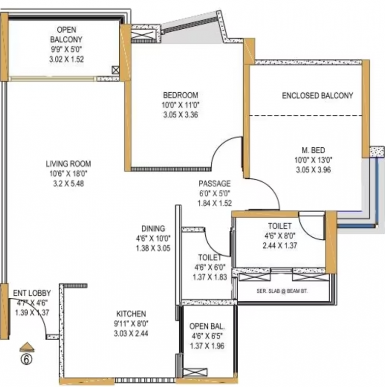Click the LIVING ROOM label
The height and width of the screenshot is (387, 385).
pos(68,164)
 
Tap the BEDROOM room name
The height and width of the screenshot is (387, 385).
pos(181,95)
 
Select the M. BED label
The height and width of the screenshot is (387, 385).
pos(313,150)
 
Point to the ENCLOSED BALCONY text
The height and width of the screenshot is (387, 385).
pos(318,96)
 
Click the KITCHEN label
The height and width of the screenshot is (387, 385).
pos(131,314)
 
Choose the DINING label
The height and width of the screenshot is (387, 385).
pos(153,229)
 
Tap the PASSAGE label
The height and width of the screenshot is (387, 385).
pos(215,183)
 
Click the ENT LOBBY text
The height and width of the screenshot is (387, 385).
pos(32,293)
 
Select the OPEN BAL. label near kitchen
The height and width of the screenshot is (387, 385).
pos(207,327)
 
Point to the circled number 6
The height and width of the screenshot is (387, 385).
pos(26,359)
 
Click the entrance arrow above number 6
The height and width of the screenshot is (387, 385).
pos(27,347)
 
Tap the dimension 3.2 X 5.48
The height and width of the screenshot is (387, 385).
pos(68,183)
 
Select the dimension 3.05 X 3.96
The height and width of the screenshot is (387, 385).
pos(313,170)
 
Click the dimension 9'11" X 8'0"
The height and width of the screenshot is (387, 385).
pos(131,324)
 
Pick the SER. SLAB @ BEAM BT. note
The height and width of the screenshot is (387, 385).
pos(282,291)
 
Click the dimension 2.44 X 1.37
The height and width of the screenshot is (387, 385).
pos(280,245)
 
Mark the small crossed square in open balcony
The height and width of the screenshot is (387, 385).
pos(116,71)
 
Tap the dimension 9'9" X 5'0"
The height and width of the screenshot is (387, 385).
pos(66,49)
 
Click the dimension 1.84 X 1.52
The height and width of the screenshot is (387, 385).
pos(215,203)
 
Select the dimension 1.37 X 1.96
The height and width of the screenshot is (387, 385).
pos(207,346)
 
